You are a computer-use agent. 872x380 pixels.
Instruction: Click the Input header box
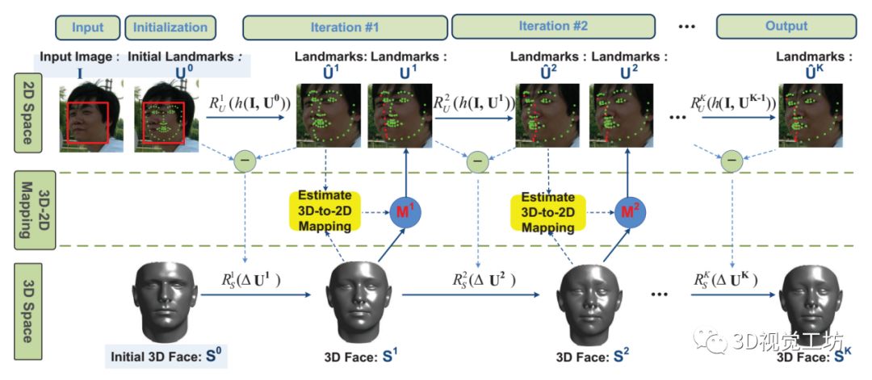pyautogui.click(x=88, y=27)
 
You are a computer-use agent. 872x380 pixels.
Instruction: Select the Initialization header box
pyautogui.click(x=170, y=27)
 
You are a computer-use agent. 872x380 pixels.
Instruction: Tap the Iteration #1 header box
pyautogui.click(x=345, y=27)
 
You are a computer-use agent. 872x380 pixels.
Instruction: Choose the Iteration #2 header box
pyautogui.click(x=553, y=26)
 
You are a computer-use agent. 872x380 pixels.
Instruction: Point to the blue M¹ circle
pyautogui.click(x=405, y=212)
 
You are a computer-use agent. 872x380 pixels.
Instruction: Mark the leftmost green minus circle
pyautogui.click(x=244, y=162)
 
